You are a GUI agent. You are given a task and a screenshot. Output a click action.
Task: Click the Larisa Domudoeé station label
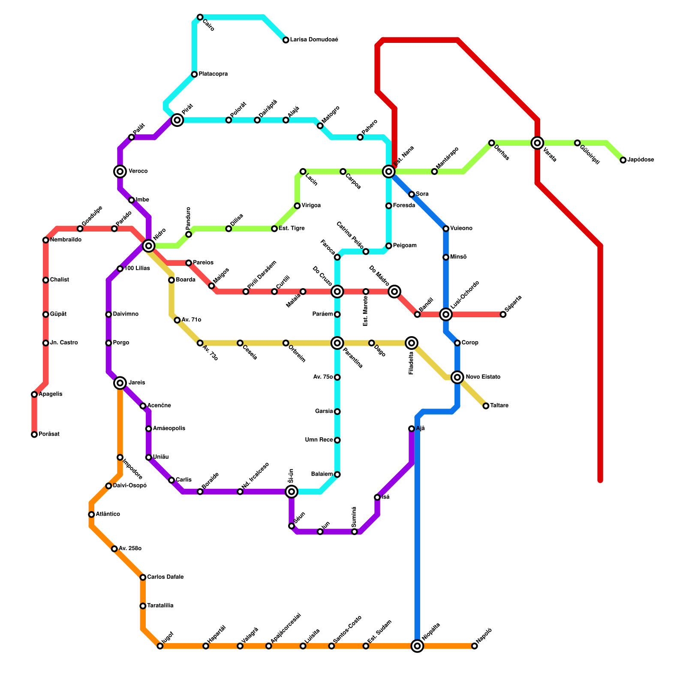314,40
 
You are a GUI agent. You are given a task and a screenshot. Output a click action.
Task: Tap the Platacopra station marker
194,74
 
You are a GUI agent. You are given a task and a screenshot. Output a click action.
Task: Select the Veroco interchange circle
120,171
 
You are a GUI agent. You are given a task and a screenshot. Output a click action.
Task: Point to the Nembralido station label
66,240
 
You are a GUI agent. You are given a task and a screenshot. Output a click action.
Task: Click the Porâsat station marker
34,435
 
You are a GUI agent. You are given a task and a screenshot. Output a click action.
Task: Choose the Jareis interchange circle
120,383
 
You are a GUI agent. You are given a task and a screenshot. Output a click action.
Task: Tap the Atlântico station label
108,514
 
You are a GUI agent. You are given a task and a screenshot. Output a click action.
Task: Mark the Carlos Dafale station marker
143,578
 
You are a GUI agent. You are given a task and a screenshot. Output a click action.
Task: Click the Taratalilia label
160,606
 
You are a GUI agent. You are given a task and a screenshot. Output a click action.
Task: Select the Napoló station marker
474,646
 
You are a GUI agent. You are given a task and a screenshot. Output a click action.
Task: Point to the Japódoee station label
641,160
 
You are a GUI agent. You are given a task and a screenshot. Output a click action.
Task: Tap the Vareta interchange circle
537,143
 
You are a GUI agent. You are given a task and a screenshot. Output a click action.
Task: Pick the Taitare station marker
486,406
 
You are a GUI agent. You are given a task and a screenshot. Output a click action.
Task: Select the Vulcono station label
461,229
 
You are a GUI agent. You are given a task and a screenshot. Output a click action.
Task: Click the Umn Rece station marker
337,440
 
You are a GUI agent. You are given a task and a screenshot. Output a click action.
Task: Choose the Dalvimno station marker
108,315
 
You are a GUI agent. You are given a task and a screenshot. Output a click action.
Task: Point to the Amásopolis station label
169,429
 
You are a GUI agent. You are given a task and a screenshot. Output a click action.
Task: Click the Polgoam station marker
388,246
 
